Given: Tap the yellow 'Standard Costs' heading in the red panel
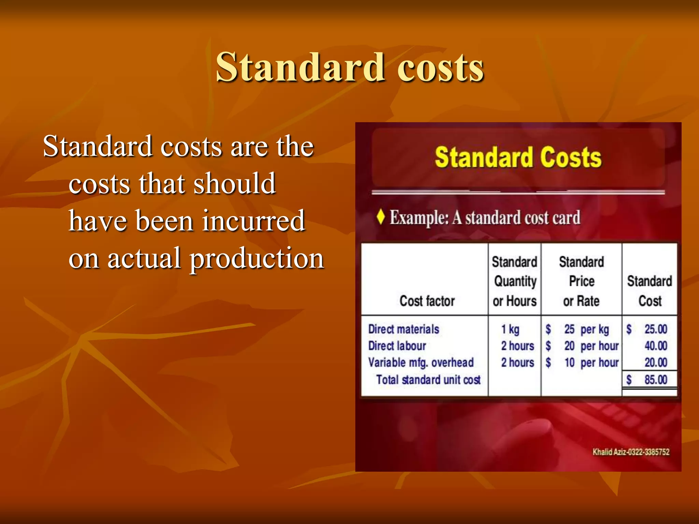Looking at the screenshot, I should point(518,157).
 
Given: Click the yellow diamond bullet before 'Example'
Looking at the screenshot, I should point(381,217).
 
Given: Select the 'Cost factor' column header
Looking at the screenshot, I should point(427,301).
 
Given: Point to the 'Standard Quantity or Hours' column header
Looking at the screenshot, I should point(515,281).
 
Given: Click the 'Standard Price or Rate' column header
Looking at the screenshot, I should point(581,281).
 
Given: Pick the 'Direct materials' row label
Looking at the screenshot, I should point(403,329).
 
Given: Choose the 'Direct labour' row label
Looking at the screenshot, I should point(397,346).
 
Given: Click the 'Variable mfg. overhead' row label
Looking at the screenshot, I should point(421,362).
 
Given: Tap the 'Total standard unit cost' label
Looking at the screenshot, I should point(428,380).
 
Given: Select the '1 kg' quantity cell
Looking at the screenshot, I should point(510,329).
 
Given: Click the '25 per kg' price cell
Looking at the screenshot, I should point(586,329).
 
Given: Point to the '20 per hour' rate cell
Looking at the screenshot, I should point(591,346).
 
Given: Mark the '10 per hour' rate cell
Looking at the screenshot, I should point(591,362).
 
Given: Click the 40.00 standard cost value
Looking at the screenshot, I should point(656,346).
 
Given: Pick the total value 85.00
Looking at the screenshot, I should point(656,380).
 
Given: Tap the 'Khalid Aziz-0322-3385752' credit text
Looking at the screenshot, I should point(631,452).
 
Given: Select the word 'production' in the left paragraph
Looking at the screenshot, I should point(257,259).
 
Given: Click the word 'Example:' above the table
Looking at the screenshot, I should point(419,217).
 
